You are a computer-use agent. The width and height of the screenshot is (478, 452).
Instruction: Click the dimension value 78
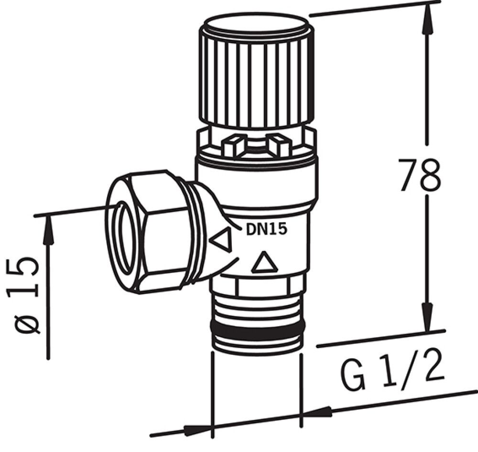(419, 175)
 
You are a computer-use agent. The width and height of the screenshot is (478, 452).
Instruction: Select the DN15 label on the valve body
(267, 229)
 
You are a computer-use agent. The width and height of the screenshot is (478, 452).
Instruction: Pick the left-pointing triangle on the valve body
(222, 240)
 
